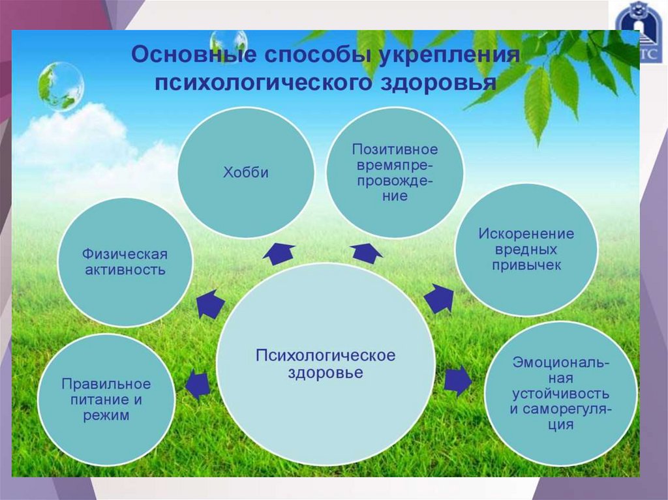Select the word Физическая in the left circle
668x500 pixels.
click(125, 253)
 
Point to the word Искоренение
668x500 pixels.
click(526, 233)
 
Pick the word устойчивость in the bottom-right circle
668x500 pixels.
click(561, 394)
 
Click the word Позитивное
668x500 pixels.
click(395, 149)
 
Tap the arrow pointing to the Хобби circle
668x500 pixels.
click(279, 252)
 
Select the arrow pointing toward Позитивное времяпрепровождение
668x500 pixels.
click(366, 252)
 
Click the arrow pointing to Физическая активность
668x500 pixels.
click(210, 304)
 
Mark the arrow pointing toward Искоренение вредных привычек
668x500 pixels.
click(440, 299)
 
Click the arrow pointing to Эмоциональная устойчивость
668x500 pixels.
click(458, 381)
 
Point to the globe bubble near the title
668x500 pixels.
click(61, 85)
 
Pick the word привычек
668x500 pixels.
click(526, 266)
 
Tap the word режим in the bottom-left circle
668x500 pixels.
click(106, 415)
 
